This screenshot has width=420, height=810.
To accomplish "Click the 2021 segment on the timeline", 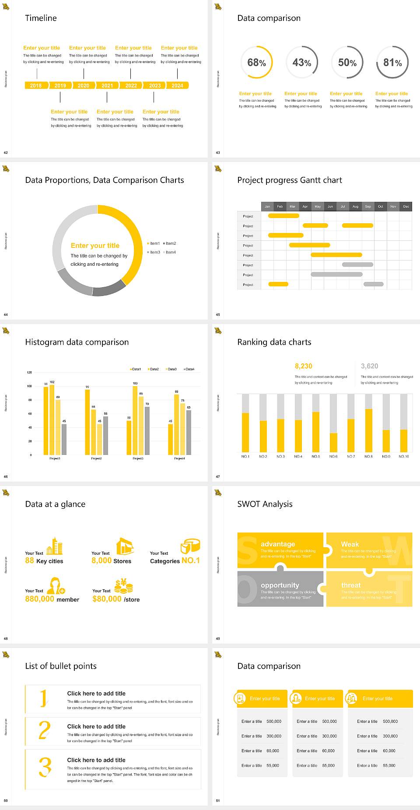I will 107,86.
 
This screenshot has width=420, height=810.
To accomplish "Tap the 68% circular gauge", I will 256,63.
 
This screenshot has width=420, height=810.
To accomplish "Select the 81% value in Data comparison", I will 392,63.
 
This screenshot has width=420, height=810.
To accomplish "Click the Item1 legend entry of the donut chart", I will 154,243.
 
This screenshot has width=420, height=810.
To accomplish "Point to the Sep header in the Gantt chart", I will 368,206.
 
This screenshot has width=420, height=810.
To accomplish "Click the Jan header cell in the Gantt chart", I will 267,206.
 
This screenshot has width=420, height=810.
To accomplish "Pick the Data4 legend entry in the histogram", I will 189,369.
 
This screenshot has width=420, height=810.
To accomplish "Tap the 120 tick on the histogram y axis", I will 29,373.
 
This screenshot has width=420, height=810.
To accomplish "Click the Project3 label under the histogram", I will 138,458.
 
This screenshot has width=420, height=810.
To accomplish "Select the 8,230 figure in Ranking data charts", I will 304,366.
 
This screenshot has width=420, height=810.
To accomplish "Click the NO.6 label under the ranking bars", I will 333,456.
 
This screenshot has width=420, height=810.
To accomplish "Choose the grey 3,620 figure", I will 369,366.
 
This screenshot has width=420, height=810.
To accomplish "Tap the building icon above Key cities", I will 55,546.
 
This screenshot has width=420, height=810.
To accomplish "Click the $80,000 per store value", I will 107,599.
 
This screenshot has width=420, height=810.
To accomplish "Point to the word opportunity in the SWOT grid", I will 280,585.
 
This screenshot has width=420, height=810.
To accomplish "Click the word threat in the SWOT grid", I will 351,585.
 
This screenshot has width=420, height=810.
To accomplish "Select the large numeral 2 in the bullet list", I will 45,730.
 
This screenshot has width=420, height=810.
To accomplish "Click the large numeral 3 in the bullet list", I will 45,767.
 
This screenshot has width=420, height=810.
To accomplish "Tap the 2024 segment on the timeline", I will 177,86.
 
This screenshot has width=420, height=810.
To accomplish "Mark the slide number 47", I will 218,476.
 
